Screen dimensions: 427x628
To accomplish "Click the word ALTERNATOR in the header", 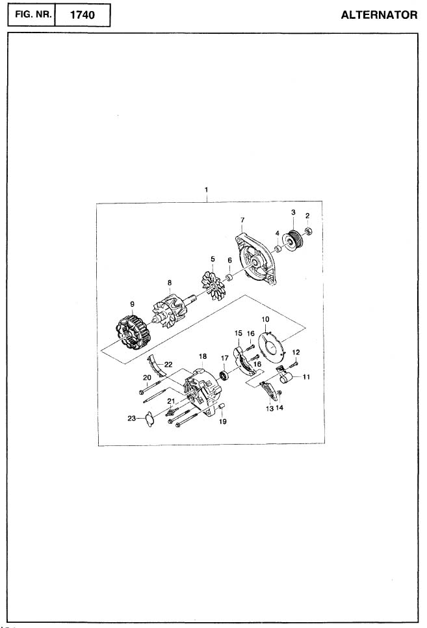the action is [x=379, y=15].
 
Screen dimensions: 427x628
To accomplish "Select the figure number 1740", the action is [x=82, y=15].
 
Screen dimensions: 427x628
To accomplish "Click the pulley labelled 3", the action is [x=294, y=239].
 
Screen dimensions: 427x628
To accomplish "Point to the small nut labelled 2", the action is [x=309, y=231].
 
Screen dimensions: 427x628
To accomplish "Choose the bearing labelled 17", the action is [x=224, y=376].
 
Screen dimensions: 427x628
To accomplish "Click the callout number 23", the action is [x=132, y=419].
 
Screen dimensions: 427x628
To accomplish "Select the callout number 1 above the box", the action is [x=206, y=189].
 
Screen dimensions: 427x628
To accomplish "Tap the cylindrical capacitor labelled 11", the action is [x=285, y=377].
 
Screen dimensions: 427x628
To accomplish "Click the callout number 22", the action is [x=168, y=365].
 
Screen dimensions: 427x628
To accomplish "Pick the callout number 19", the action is [x=223, y=421].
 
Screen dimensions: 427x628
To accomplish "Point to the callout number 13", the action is [x=270, y=408].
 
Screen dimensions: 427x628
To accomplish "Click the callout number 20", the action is [x=147, y=378].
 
